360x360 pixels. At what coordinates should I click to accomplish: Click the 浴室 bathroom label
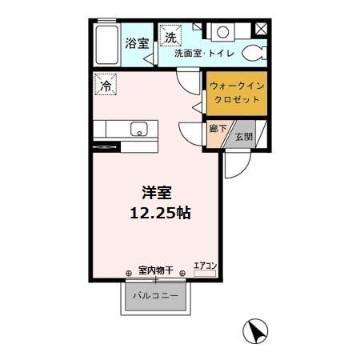pyautogui.click(x=137, y=44)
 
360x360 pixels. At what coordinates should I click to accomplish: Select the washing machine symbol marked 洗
pyautogui.click(x=171, y=36)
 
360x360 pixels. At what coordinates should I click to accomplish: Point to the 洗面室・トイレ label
pyautogui.click(x=200, y=54)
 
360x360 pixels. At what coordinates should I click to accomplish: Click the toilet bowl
pyautogui.click(x=254, y=52)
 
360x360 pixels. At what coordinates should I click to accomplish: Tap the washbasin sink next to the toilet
pyautogui.click(x=222, y=33)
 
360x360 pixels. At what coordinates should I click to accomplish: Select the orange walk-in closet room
pyautogui.click(x=235, y=94)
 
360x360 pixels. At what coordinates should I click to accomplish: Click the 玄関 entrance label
pyautogui.click(x=244, y=137)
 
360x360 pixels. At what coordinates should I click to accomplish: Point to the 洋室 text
pyautogui.click(x=157, y=193)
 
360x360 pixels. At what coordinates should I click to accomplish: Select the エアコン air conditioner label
pyautogui.click(x=206, y=265)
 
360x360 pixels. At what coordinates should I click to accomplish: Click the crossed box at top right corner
pyautogui.click(x=262, y=29)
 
